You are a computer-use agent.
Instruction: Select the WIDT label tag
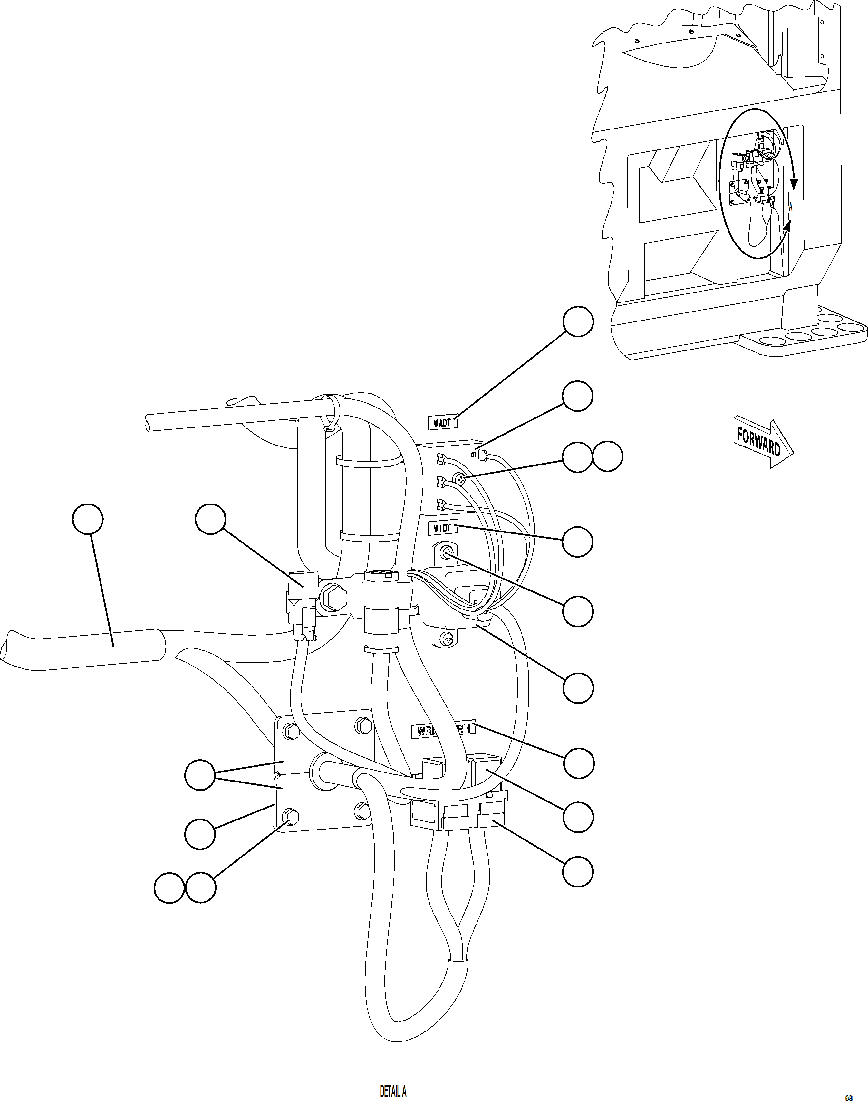[443, 528]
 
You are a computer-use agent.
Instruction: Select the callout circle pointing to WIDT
[577, 541]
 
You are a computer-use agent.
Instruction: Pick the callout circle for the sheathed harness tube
[88, 519]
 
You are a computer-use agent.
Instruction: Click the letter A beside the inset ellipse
[791, 207]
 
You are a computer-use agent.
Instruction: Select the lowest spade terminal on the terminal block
[441, 504]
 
